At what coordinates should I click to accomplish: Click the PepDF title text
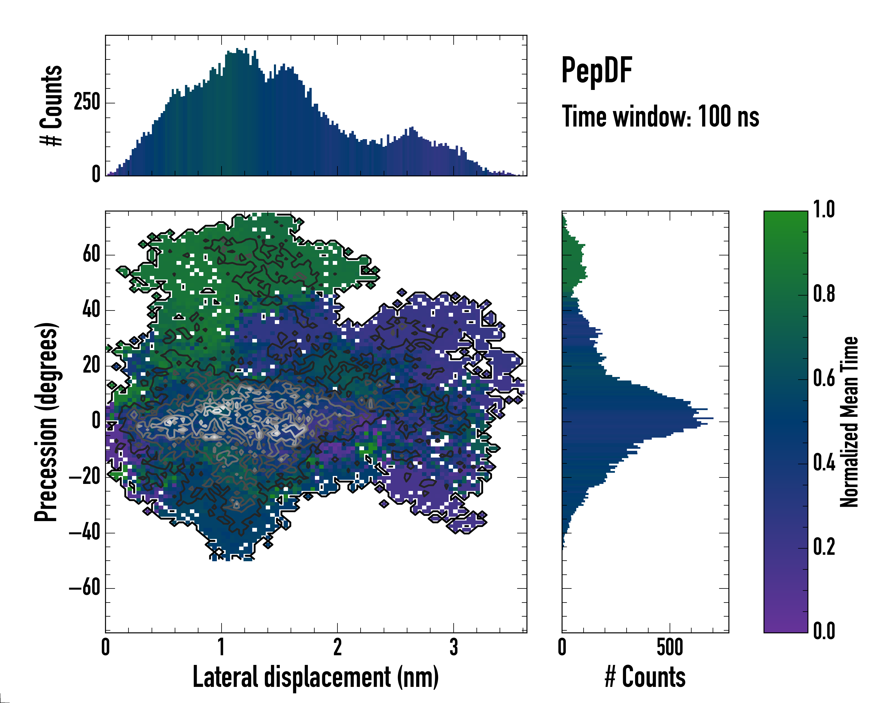(596, 71)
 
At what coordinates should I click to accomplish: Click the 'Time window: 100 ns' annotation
(660, 117)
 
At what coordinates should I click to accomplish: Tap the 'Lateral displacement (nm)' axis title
(315, 677)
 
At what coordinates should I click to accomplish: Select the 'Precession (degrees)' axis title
(46, 422)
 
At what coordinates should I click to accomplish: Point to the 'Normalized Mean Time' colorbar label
(849, 422)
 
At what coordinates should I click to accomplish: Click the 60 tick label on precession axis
(91, 255)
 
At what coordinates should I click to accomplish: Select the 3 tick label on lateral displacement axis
(454, 647)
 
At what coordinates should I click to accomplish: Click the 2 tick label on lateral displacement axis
(337, 647)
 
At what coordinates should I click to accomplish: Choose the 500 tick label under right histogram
(670, 647)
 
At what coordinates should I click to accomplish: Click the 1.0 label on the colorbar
(824, 210)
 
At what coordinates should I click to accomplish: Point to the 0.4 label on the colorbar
(824, 463)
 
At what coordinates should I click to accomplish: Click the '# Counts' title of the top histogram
(51, 105)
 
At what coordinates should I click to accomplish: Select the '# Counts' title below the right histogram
(645, 677)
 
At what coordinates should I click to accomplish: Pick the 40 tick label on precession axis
(91, 310)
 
